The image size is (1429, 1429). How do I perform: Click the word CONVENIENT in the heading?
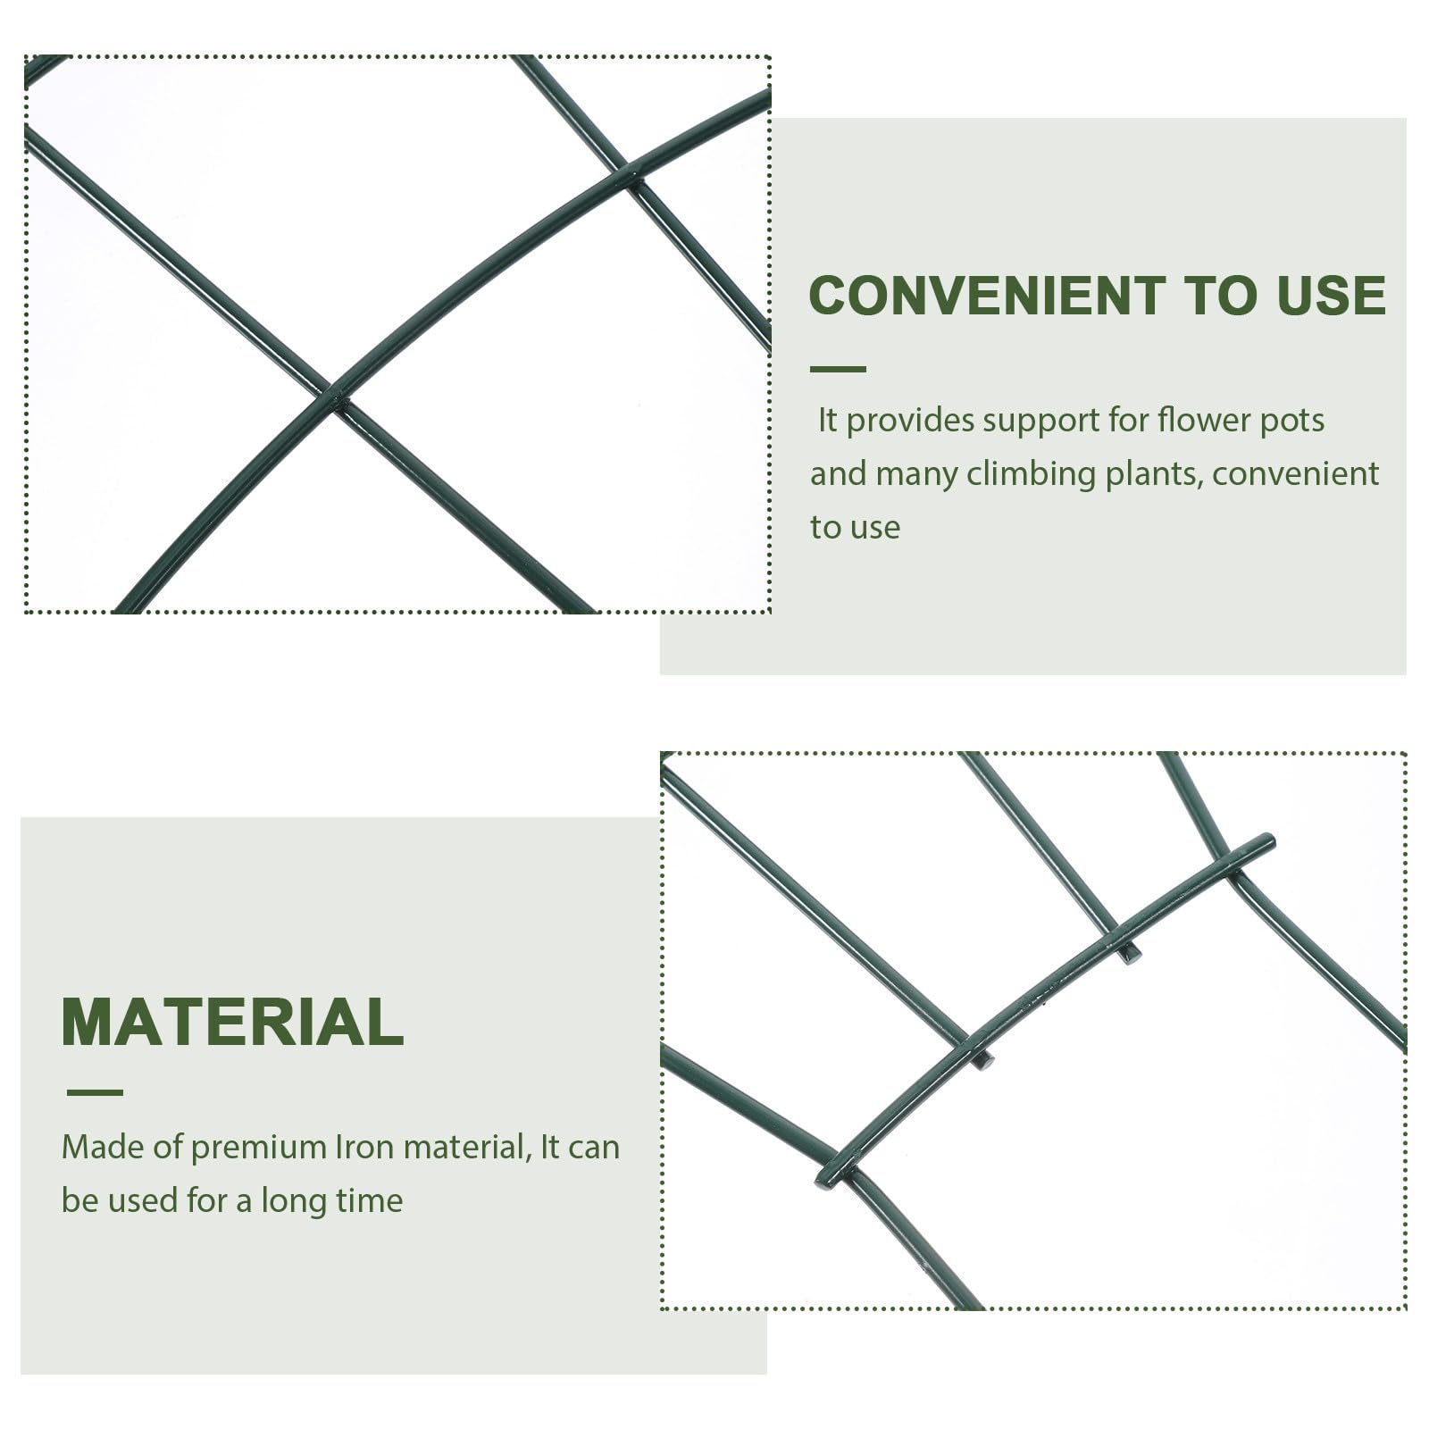click(987, 296)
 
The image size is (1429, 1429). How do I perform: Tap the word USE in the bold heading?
click(1331, 296)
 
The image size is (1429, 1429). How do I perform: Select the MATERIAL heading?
click(232, 1021)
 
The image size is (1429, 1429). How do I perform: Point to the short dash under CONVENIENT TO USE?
click(838, 369)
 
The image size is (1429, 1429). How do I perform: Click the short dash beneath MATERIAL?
click(95, 1092)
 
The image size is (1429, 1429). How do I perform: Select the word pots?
click(1291, 422)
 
